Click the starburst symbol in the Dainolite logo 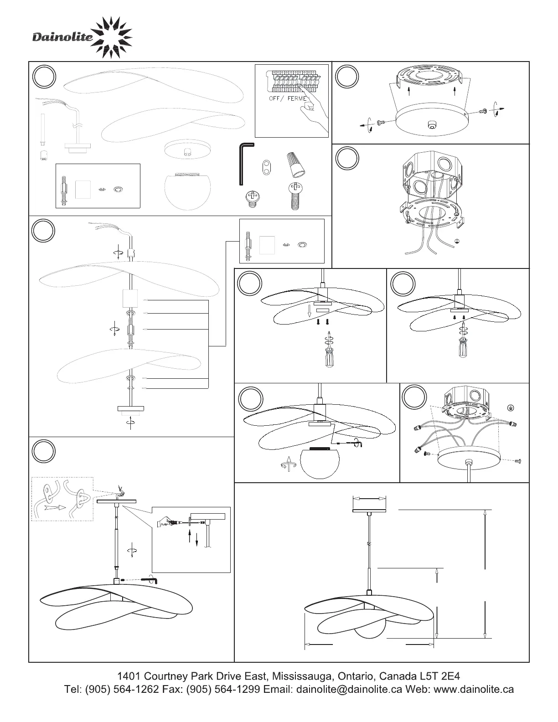click(113, 37)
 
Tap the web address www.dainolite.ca click(474, 689)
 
